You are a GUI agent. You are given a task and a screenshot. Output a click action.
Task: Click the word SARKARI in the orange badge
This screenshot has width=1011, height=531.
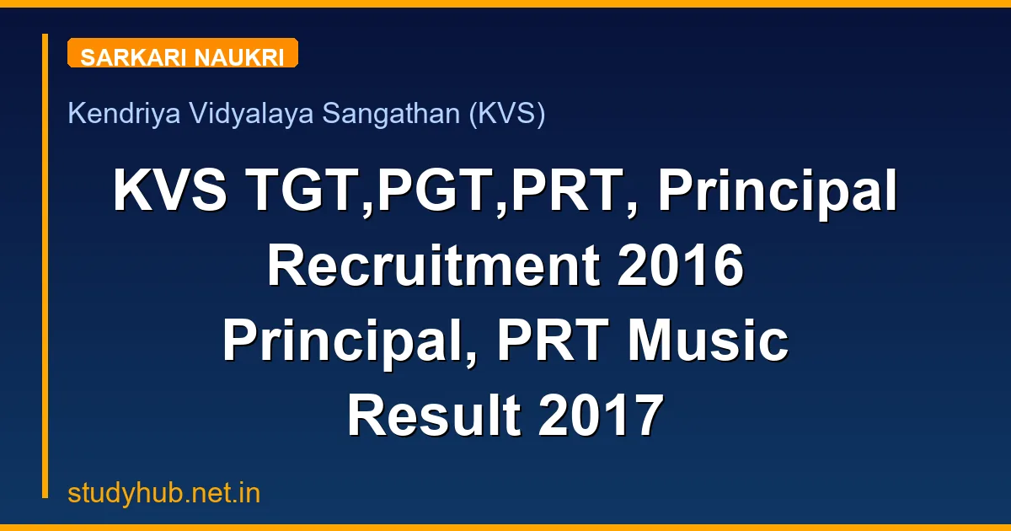(134, 57)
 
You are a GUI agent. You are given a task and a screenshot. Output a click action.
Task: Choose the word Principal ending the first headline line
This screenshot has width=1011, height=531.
(778, 192)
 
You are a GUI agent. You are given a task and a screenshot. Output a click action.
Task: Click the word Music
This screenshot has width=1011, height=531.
(706, 342)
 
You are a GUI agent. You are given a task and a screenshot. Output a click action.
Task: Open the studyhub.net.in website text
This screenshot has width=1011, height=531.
(164, 493)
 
